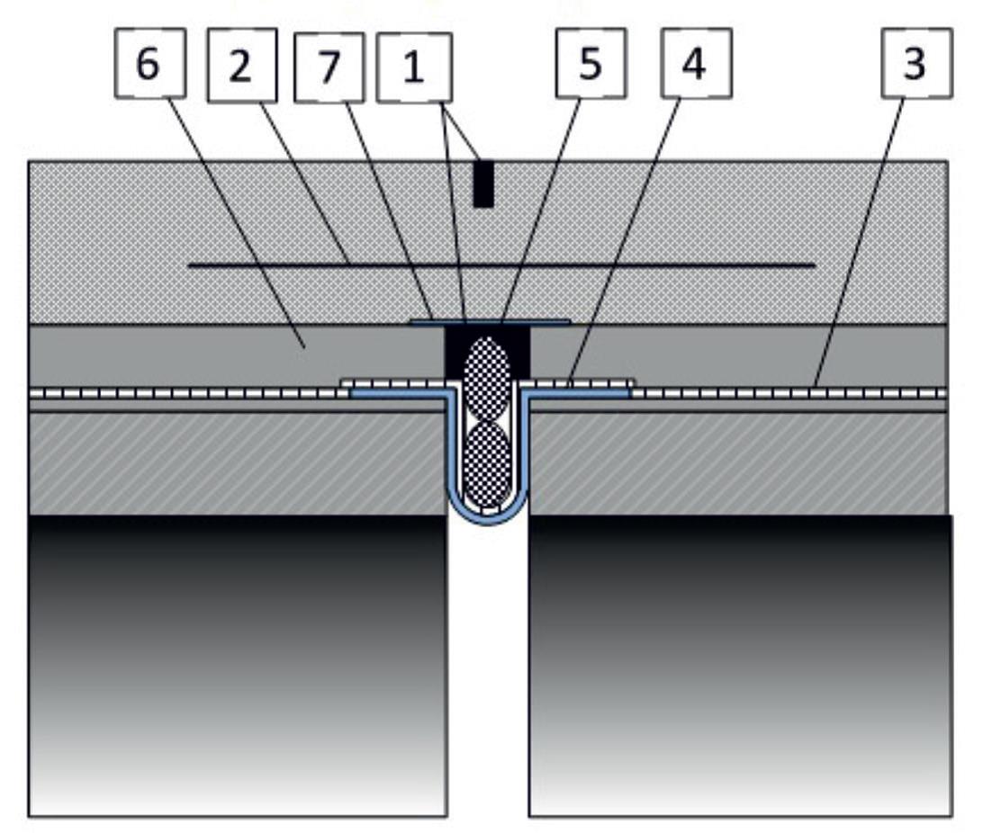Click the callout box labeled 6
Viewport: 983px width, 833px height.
pos(149,63)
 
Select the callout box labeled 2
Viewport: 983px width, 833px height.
pos(242,65)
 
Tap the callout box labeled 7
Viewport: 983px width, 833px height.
pos(329,67)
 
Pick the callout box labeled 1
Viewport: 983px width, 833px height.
pos(414,67)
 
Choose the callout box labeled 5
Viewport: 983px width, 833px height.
pos(591,63)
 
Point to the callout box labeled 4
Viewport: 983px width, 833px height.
pos(697,63)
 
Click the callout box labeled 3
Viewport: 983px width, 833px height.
pos(916,63)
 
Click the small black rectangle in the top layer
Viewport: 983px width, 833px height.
pos(483,184)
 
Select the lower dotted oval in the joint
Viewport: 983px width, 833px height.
pos(487,463)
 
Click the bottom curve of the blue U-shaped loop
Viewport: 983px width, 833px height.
pos(488,517)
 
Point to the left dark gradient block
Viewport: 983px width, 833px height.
pos(238,666)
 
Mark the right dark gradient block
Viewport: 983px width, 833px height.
pos(740,666)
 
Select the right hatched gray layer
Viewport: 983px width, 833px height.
pos(738,463)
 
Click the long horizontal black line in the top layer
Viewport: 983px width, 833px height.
pos(501,265)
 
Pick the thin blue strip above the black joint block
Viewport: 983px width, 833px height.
pos(490,323)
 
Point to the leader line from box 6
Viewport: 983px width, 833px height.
pos(237,221)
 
